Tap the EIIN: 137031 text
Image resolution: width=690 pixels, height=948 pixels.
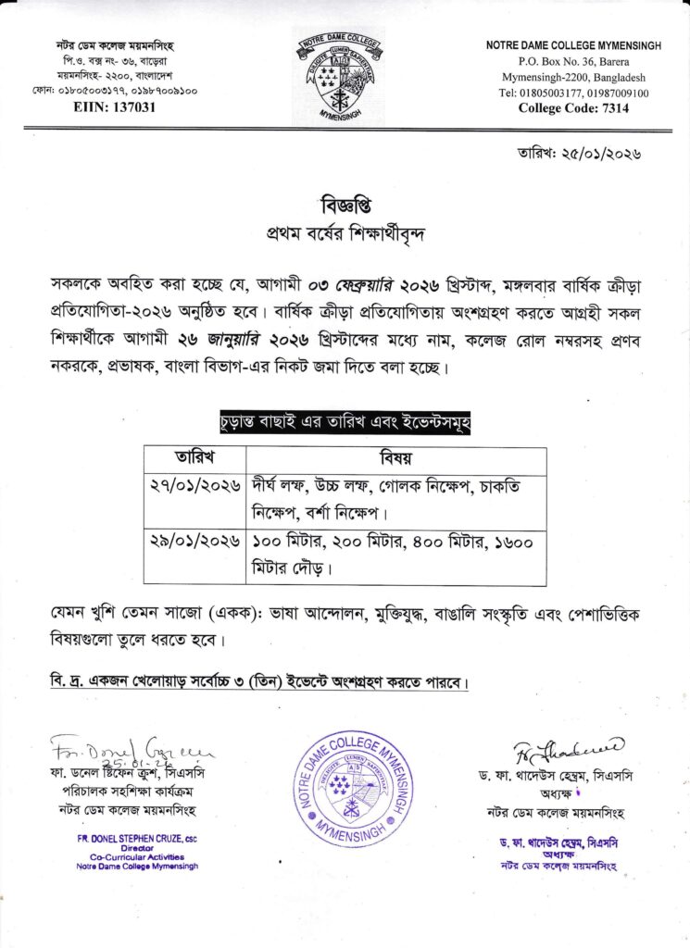115,107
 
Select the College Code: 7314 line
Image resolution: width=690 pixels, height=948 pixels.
573,107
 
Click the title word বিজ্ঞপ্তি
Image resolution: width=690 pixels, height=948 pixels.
344,204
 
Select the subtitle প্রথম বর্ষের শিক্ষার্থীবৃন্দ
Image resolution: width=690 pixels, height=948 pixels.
344,231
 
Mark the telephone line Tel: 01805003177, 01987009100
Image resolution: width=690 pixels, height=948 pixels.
573,93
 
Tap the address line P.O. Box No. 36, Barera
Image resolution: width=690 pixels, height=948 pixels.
573,62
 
